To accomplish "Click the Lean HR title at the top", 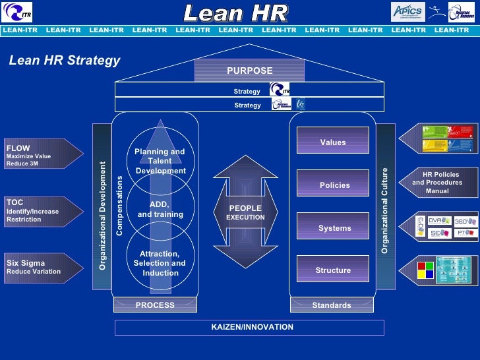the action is click(235, 13).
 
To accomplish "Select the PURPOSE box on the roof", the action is click(249, 71).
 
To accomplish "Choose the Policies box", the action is click(332, 185).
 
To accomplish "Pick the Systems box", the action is click(332, 227).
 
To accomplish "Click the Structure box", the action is click(332, 270).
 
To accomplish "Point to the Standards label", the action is click(332, 305).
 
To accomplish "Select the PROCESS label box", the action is click(155, 305).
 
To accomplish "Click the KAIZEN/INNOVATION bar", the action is click(249, 327).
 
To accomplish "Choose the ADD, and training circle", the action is click(160, 209).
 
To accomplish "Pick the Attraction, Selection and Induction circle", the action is click(160, 262).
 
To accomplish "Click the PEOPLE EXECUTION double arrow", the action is click(245, 212).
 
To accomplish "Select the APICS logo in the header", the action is click(408, 11).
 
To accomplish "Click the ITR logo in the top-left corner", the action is click(17, 11).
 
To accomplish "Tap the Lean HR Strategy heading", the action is click(65, 61).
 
